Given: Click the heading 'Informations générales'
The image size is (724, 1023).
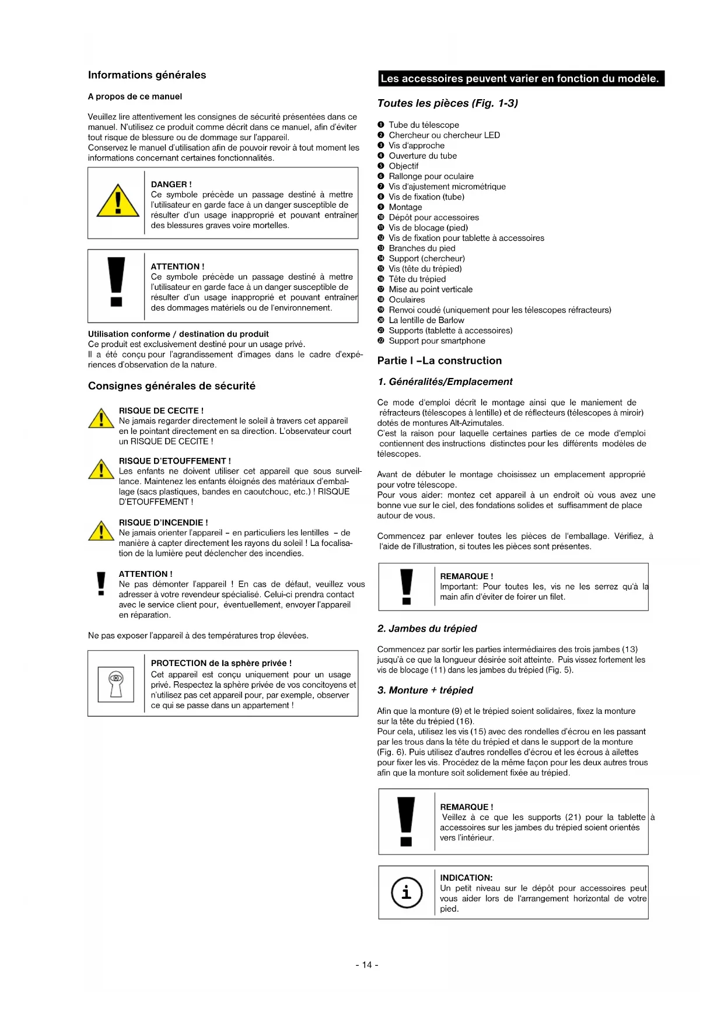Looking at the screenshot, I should pyautogui.click(x=147, y=75).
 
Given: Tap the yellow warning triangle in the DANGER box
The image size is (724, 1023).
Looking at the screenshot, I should pyautogui.click(x=118, y=202).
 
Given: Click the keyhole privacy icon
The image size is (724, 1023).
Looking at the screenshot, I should pyautogui.click(x=116, y=684).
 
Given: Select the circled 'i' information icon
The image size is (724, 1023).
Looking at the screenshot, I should pyautogui.click(x=407, y=892).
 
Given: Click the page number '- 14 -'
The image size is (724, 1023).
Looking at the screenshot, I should pyautogui.click(x=367, y=965).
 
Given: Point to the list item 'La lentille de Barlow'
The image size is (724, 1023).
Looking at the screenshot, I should pyautogui.click(x=426, y=320).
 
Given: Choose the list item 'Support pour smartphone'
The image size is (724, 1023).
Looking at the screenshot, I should pyautogui.click(x=437, y=341).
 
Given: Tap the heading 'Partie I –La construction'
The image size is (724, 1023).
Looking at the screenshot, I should pyautogui.click(x=439, y=360).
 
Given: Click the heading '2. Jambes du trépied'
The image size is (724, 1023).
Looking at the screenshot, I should pyautogui.click(x=427, y=629).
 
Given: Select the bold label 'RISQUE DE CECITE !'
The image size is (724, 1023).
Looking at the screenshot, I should pyautogui.click(x=161, y=411).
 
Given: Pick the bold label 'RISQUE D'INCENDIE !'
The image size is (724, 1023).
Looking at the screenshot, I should pyautogui.click(x=163, y=523).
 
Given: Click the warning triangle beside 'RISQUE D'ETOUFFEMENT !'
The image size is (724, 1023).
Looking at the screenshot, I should pyautogui.click(x=101, y=470).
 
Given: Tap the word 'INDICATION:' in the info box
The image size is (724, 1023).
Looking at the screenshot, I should pyautogui.click(x=466, y=878).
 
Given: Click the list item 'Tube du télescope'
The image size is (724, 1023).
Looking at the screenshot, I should pyautogui.click(x=424, y=125).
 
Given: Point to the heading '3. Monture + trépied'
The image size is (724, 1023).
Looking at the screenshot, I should pyautogui.click(x=425, y=691).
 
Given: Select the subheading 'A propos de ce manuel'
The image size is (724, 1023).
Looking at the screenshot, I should pyautogui.click(x=135, y=97).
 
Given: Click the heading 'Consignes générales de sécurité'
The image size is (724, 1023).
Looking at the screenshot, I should pyautogui.click(x=172, y=386).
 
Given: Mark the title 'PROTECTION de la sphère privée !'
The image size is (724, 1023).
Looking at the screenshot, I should pyautogui.click(x=221, y=663).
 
